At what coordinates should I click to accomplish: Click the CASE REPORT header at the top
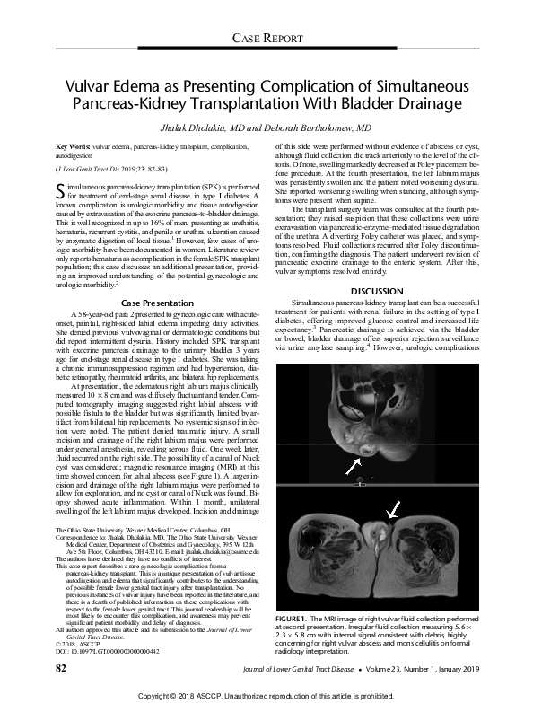coord(266,36)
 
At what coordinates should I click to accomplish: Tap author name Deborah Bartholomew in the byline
coord(312,129)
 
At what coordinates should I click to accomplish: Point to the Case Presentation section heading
coord(160,253)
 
